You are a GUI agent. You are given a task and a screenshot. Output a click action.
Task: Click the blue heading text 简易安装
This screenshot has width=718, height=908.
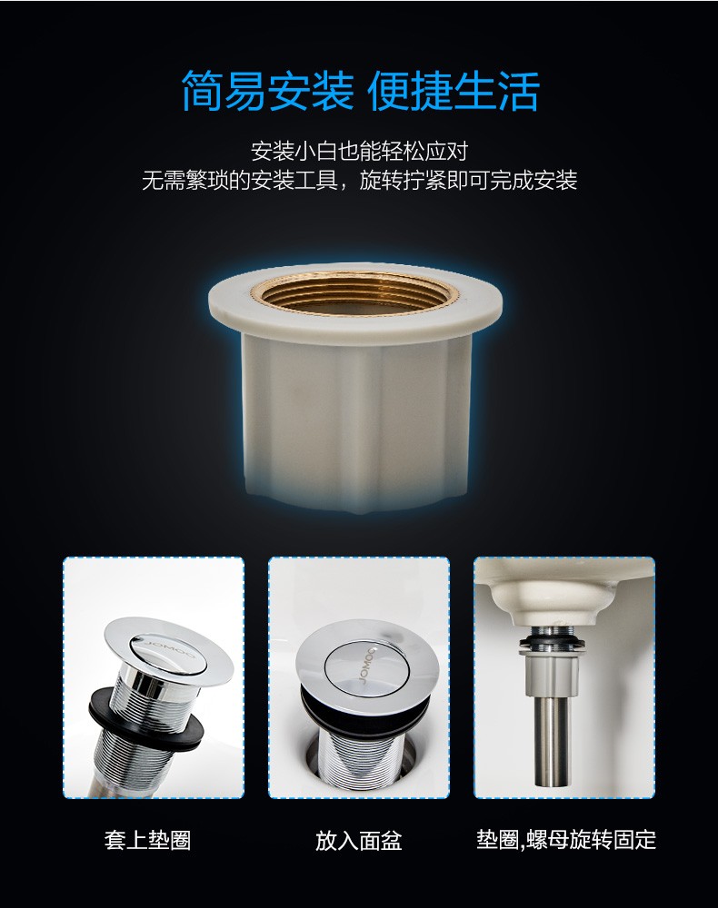[268, 91]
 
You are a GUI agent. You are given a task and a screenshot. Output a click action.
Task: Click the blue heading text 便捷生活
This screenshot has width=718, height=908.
[454, 91]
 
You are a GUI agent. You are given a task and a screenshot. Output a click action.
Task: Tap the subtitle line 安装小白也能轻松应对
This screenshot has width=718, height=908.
[359, 151]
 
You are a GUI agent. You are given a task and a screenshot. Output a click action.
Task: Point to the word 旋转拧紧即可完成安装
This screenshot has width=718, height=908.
[468, 180]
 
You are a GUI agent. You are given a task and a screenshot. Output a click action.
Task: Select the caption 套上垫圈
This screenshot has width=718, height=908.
[148, 840]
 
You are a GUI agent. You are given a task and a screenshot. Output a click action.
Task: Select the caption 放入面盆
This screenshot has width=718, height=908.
[359, 840]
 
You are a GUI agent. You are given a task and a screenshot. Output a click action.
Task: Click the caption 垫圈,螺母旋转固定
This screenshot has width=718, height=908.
[566, 839]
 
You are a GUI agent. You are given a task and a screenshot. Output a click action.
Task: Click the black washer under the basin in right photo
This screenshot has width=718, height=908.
[553, 642]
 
